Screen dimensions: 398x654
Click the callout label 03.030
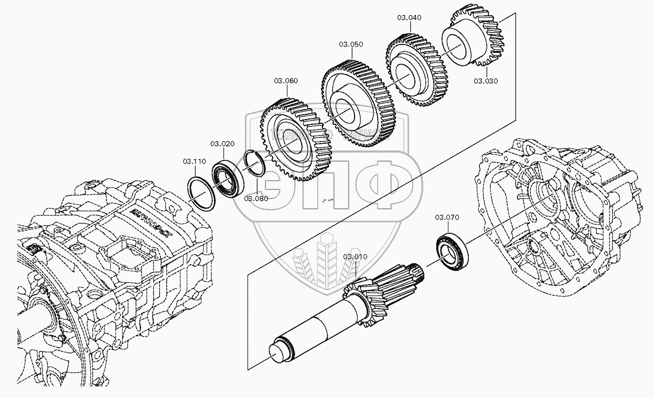click(x=486, y=81)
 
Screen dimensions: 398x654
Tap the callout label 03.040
click(x=409, y=17)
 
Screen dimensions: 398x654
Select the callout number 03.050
click(x=351, y=45)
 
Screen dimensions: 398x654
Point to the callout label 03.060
click(x=286, y=81)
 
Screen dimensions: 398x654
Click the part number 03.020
click(x=222, y=144)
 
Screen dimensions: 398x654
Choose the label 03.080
click(x=256, y=198)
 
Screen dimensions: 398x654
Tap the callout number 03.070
click(x=447, y=217)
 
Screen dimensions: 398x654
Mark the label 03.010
click(x=356, y=257)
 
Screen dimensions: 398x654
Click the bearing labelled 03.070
click(x=452, y=251)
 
